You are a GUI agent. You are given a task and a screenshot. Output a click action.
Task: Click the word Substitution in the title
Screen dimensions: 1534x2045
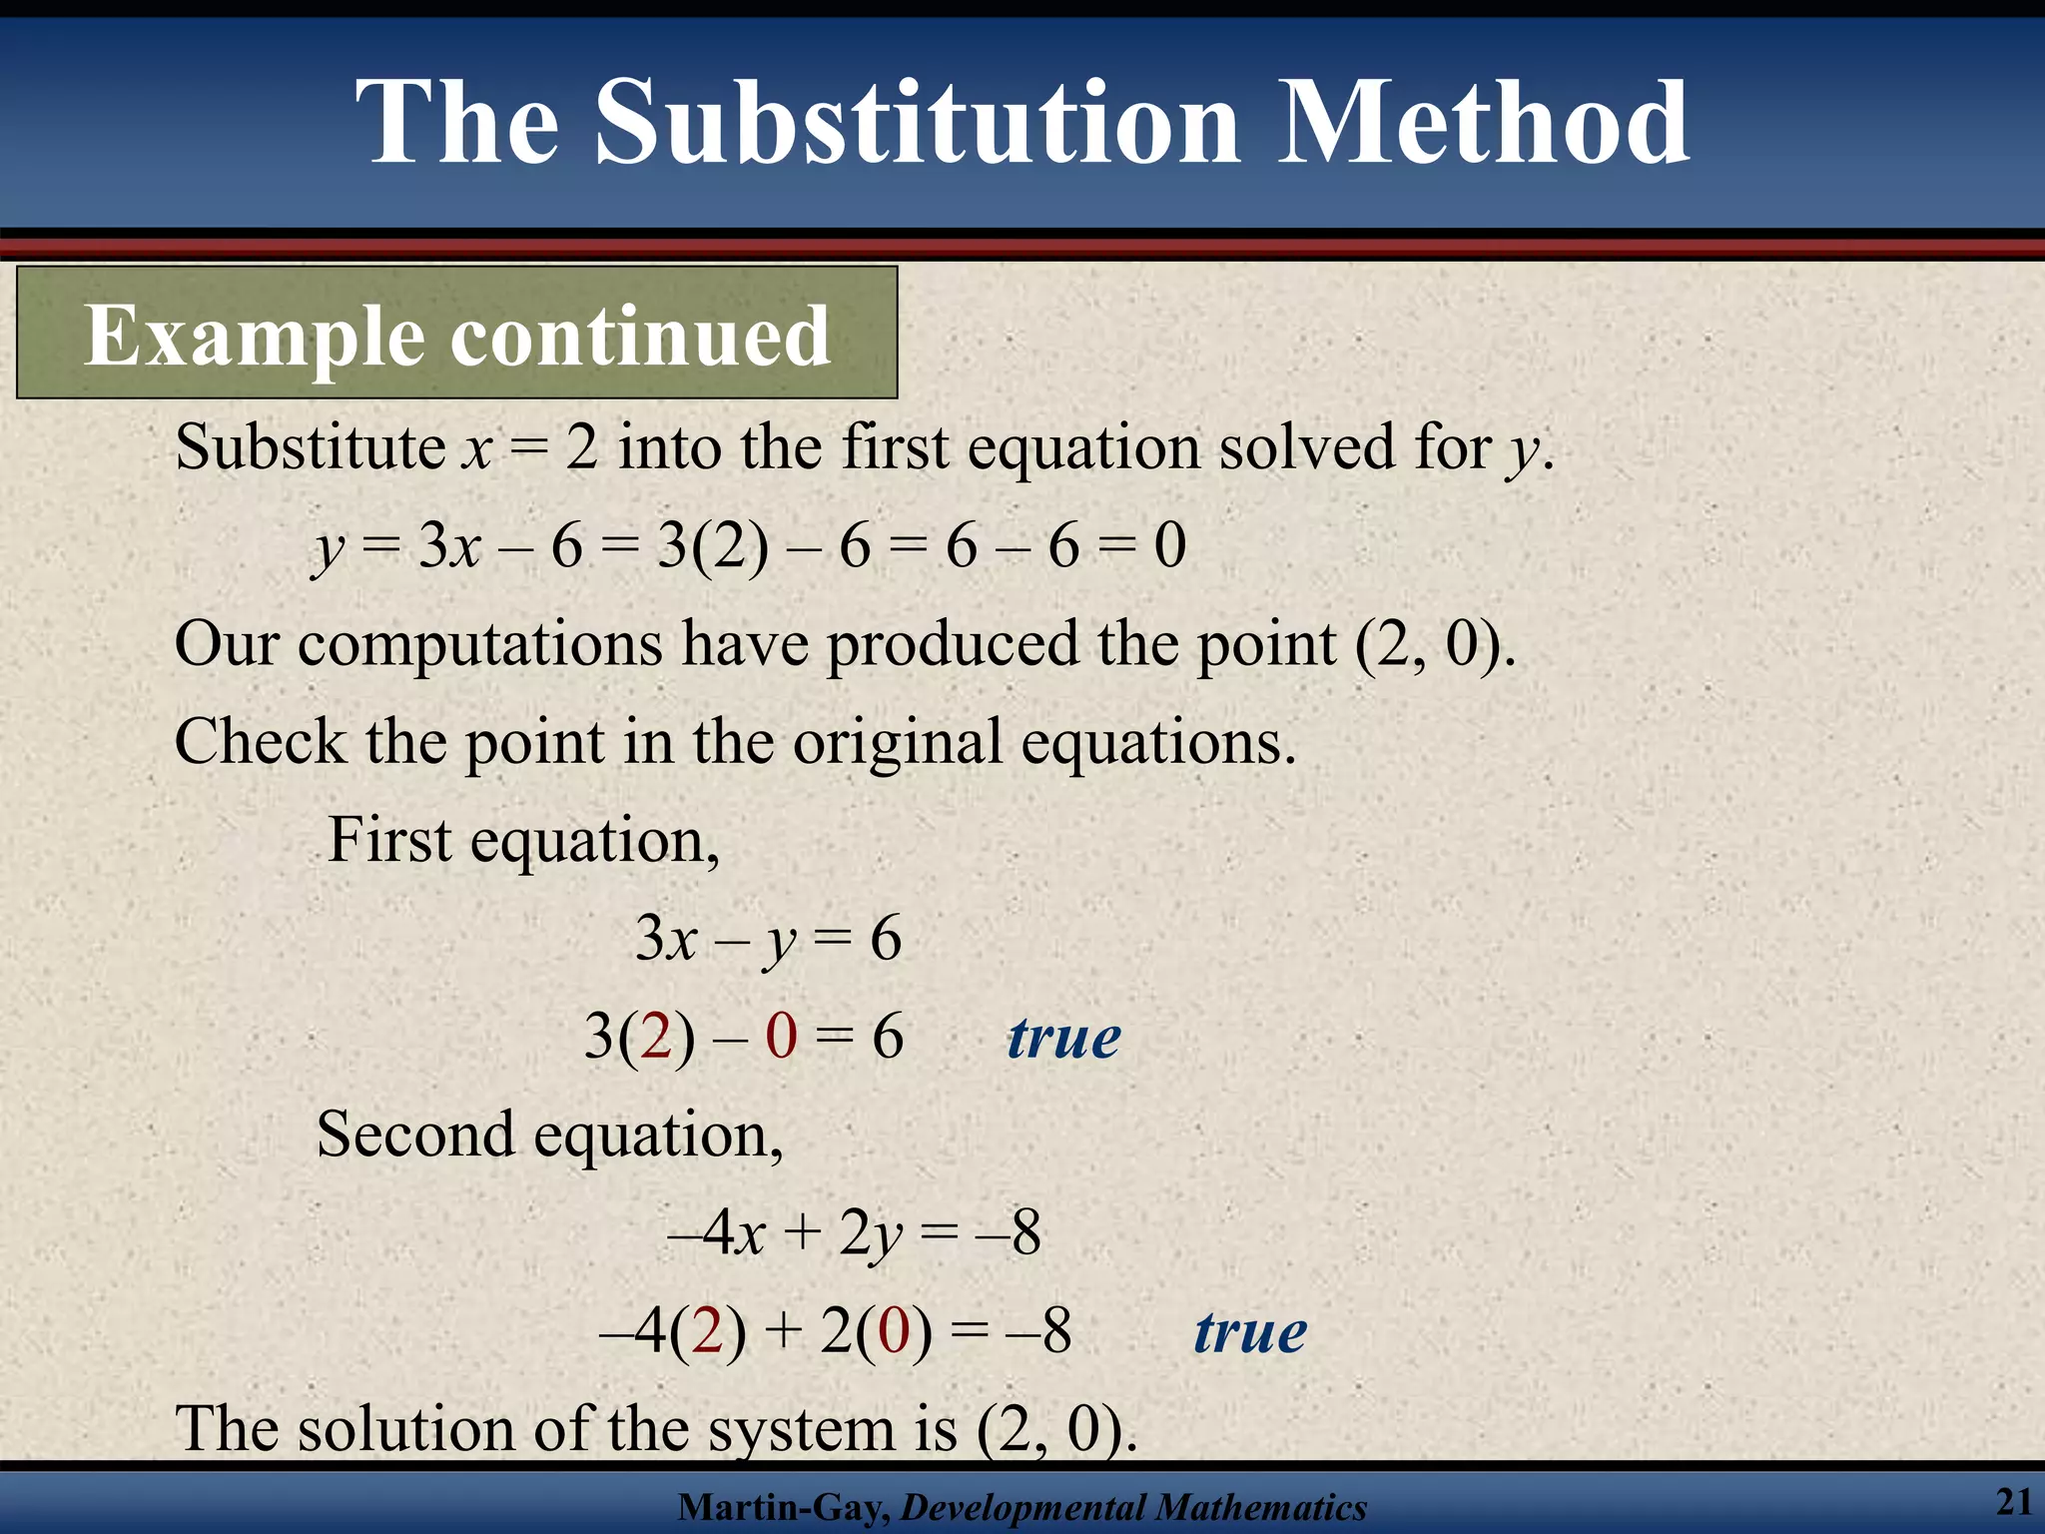[918, 124]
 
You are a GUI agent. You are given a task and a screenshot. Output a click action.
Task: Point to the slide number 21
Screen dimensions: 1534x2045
[2013, 1501]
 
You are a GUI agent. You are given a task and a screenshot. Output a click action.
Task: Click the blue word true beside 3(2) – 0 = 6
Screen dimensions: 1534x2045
[1063, 1038]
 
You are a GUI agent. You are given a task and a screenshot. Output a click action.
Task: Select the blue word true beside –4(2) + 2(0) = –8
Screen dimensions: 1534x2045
[1250, 1332]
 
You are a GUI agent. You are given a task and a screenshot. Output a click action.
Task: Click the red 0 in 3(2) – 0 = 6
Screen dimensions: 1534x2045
[781, 1037]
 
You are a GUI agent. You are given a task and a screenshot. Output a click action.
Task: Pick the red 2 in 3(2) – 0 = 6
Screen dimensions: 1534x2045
[656, 1037]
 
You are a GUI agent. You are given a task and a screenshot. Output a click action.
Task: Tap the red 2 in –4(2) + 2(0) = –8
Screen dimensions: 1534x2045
[707, 1332]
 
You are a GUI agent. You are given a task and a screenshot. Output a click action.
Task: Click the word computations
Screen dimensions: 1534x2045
[479, 644]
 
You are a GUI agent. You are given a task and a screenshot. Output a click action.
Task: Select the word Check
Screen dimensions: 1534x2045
[260, 742]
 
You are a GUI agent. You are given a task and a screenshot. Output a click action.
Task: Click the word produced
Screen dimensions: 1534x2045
[952, 644]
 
